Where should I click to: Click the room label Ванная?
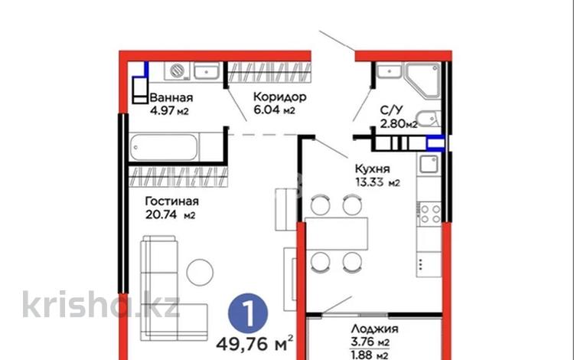coord(171,98)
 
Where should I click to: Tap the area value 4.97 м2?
coord(169,112)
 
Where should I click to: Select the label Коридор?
coord(280,97)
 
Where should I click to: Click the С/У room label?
coord(392,110)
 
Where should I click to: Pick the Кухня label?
coord(373,169)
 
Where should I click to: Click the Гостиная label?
coord(172,201)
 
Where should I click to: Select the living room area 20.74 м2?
coord(171,215)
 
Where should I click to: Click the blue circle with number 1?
coord(247,313)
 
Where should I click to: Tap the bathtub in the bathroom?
coord(174,146)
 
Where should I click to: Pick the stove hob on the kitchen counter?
coord(428,211)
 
